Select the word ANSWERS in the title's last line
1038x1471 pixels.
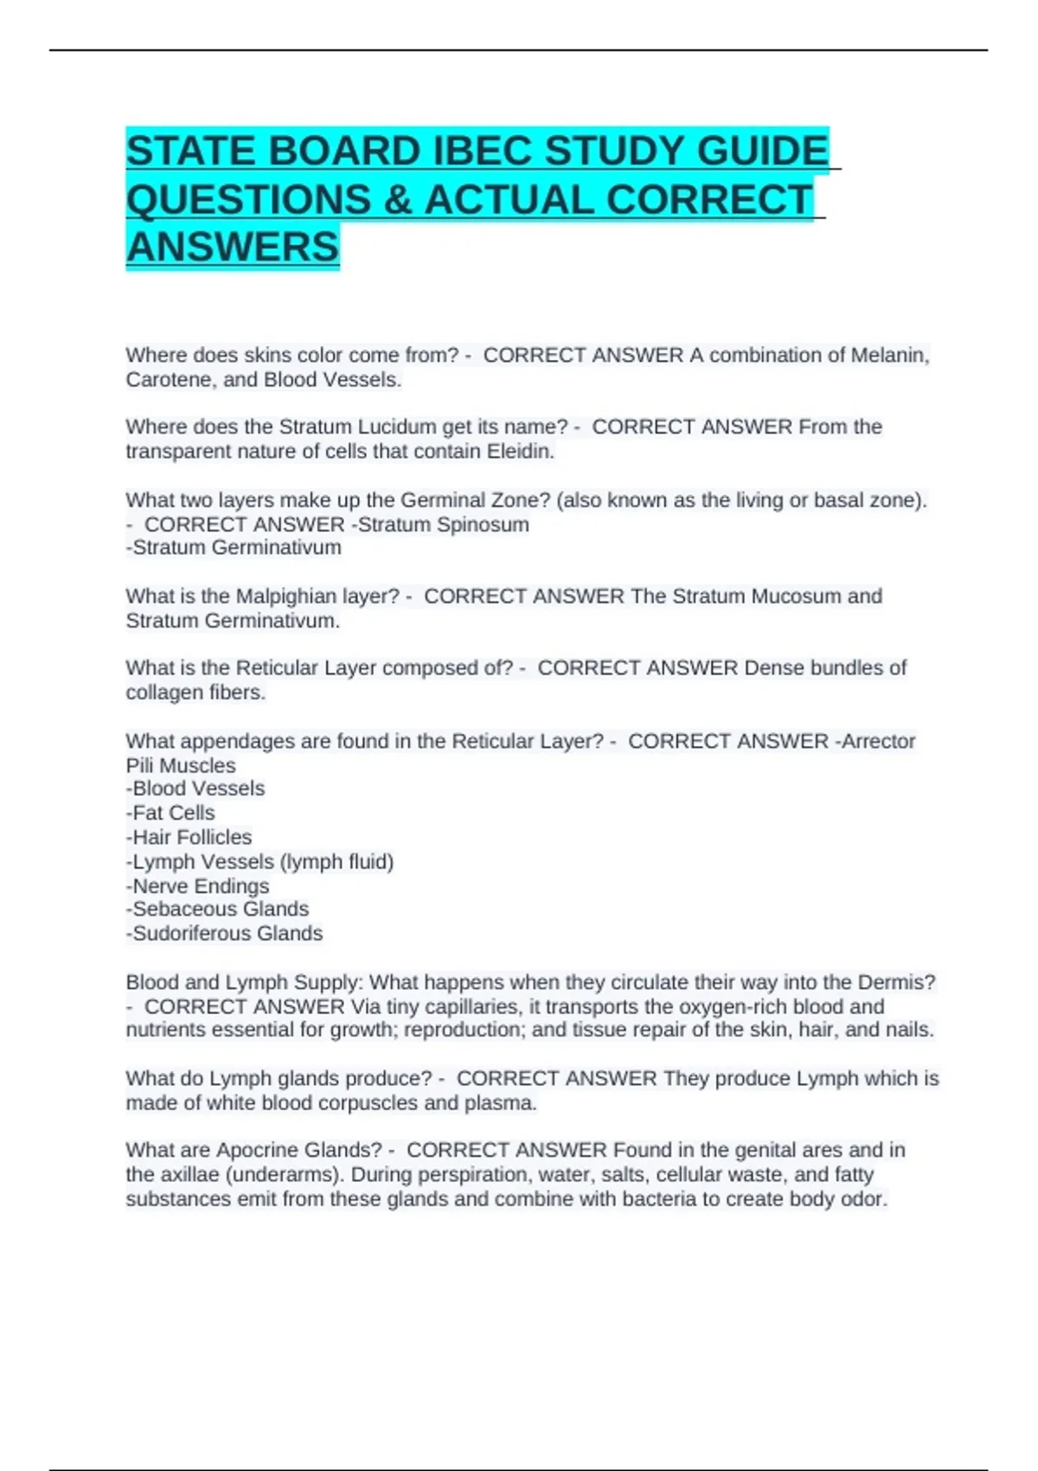233,247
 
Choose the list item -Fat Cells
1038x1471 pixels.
170,813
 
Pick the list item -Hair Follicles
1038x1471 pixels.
189,838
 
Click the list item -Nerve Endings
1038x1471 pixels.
197,886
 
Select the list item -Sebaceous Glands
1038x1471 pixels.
217,909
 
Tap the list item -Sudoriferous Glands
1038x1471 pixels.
224,934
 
